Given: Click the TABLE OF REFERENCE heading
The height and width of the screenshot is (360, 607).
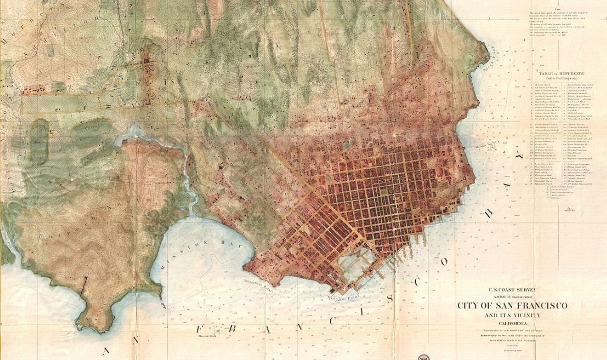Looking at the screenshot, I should coord(561,74).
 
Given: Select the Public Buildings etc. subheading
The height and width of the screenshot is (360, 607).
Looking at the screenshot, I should coord(561,78).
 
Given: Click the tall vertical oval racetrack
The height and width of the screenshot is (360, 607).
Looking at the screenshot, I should coord(39,141).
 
